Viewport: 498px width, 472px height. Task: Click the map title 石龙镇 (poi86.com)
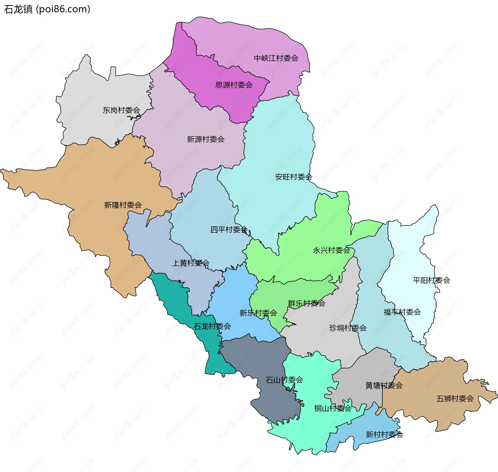[x=47, y=9]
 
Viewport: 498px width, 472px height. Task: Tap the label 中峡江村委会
[x=276, y=58]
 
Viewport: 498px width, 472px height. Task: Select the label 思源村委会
[x=234, y=85]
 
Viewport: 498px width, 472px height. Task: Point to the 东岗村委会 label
[x=121, y=110]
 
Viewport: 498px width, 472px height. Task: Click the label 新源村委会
[x=206, y=139]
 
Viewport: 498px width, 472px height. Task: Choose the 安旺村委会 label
[x=294, y=177]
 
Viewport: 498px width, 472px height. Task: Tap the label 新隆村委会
[x=123, y=205]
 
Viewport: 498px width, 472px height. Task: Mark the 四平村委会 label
[x=229, y=230]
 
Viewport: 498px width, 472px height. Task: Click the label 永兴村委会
[x=331, y=250]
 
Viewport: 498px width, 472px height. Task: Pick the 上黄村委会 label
[x=191, y=263]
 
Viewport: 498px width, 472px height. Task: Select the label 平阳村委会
[x=431, y=280]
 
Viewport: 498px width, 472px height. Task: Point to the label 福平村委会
[x=402, y=312]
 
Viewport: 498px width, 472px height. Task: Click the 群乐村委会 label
[x=307, y=303]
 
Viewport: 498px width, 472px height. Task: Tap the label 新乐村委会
[x=258, y=313]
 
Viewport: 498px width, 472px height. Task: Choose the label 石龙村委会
[x=212, y=326]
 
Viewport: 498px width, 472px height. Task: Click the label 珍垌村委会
[x=348, y=328]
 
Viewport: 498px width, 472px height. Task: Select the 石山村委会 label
[x=284, y=380]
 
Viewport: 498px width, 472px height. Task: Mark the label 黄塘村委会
[x=384, y=386]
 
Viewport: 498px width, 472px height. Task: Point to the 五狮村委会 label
[x=455, y=399]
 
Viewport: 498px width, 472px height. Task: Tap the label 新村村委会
[x=384, y=435]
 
